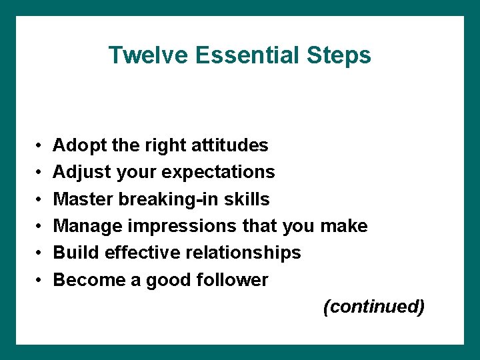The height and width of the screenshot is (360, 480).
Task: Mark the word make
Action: pyautogui.click(x=343, y=226)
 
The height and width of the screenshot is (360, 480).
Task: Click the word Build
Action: pyautogui.click(x=73, y=253)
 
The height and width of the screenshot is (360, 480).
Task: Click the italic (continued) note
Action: pyautogui.click(x=373, y=307)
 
